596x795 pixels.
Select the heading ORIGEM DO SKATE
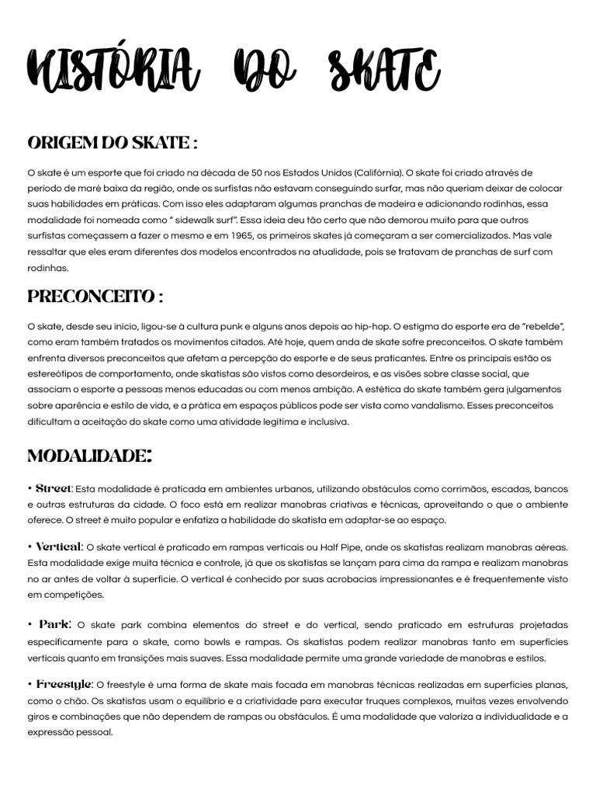pyautogui.click(x=112, y=144)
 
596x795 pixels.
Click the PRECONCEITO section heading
pyautogui.click(x=95, y=297)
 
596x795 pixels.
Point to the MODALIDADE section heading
pyautogui.click(x=89, y=456)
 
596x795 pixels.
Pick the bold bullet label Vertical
pyautogui.click(x=58, y=547)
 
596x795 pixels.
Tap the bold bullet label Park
pyautogui.click(x=54, y=624)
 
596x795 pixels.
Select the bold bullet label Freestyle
pyautogui.click(x=64, y=684)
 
